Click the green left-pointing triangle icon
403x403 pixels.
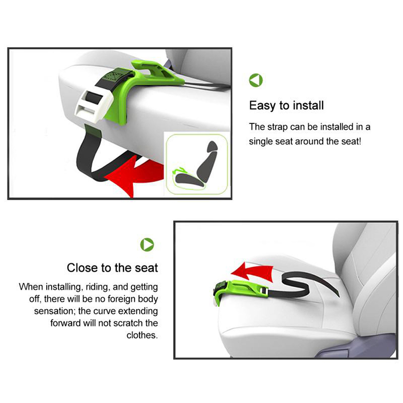point(256,80)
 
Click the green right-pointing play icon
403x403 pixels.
point(147,245)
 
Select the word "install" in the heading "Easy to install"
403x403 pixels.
point(308,105)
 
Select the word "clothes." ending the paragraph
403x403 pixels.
point(142,335)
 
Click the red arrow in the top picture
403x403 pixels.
point(135,172)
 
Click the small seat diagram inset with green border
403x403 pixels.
point(197,164)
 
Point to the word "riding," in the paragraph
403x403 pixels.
point(98,287)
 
